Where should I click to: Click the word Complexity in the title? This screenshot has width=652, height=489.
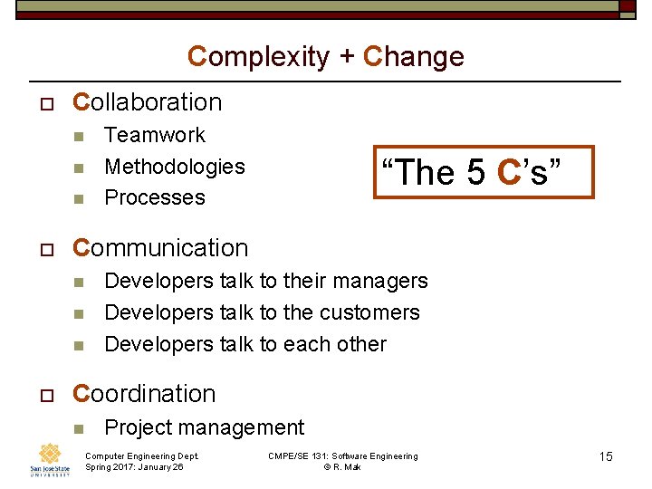pyautogui.click(x=258, y=57)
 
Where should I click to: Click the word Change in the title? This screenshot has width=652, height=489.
pyautogui.click(x=414, y=57)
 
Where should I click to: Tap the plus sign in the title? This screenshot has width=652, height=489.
pyautogui.click(x=347, y=58)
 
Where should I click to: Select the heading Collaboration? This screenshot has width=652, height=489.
pyautogui.click(x=147, y=102)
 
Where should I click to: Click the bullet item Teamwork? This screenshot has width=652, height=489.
pyautogui.click(x=155, y=135)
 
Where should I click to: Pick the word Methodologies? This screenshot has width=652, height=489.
pyautogui.click(x=175, y=167)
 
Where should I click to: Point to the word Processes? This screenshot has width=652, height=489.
pyautogui.click(x=155, y=197)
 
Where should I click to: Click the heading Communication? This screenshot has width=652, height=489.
pyautogui.click(x=160, y=248)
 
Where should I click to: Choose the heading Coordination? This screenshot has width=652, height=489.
pyautogui.click(x=144, y=394)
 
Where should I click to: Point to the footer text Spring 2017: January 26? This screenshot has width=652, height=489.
pyautogui.click(x=134, y=467)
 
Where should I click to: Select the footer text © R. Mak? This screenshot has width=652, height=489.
pyautogui.click(x=342, y=467)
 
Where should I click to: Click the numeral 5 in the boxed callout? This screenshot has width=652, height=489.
pyautogui.click(x=477, y=171)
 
